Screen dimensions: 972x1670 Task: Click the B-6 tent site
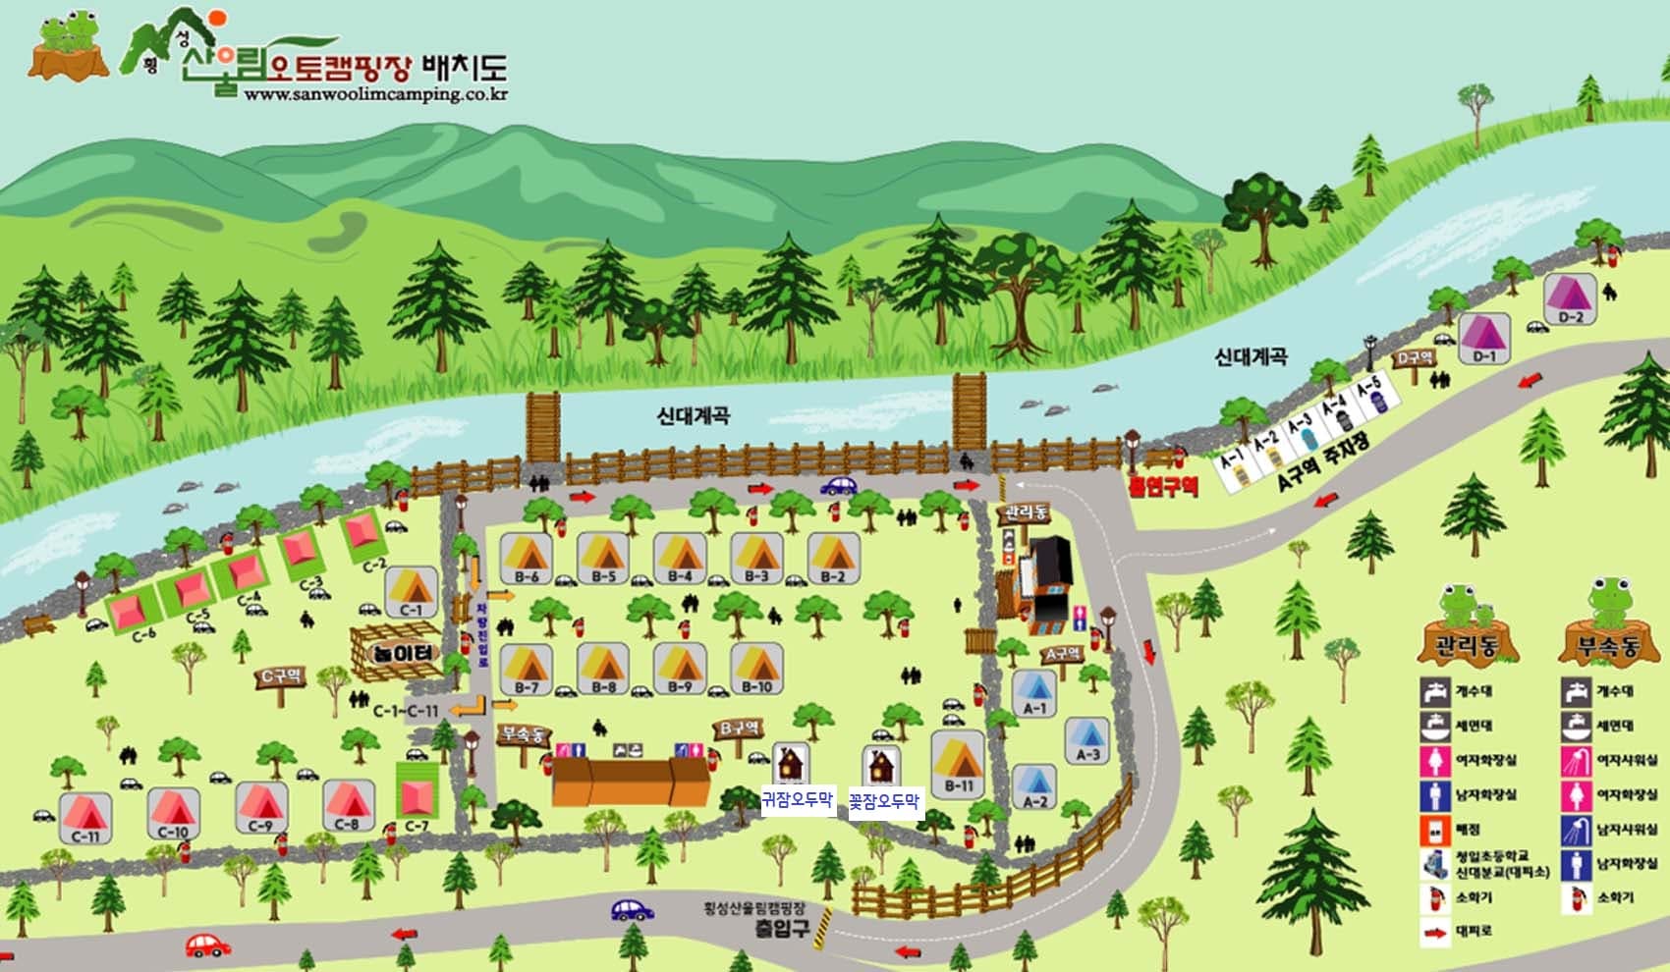[x=526, y=559]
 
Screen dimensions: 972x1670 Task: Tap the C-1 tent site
[x=411, y=591]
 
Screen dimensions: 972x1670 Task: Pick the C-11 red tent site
[x=85, y=817]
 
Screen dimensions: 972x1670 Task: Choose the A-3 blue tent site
[x=1086, y=739]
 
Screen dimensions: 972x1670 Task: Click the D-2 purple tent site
[x=1571, y=297]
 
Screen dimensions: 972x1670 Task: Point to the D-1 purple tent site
[x=1483, y=338]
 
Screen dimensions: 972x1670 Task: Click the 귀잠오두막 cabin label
[x=797, y=799]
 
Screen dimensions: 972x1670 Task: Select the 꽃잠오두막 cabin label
[x=884, y=802]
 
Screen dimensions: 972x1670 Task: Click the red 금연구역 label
[x=1163, y=485]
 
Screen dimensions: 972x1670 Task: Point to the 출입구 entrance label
[x=783, y=927]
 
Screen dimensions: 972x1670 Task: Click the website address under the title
[x=375, y=95]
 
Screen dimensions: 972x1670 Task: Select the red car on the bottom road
[x=207, y=945]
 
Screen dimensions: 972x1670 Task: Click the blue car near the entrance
[x=632, y=910]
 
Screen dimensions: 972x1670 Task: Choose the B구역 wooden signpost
[x=739, y=729]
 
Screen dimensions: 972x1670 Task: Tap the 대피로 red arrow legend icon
[x=1435, y=930]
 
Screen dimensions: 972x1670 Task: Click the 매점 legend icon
[x=1435, y=830]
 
